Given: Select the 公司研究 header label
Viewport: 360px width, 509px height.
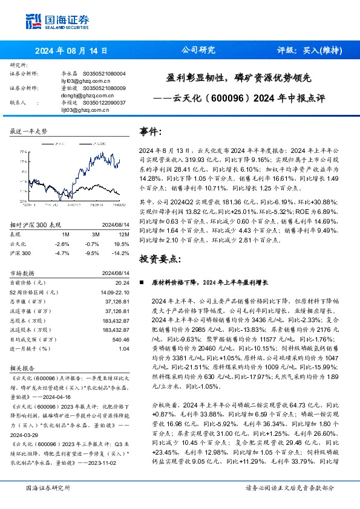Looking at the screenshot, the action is coord(198,51).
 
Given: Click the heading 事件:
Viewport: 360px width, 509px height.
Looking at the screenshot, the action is coord(151,132).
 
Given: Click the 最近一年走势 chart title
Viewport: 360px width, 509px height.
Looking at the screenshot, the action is coord(29,131).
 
